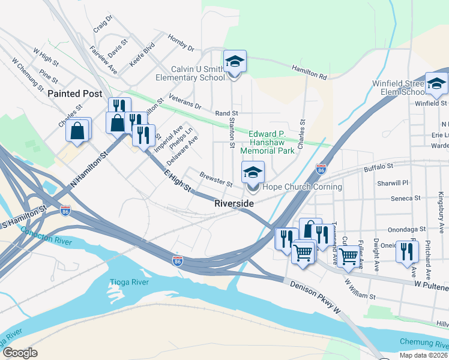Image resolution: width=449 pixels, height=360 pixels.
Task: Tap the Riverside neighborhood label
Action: point(234,204)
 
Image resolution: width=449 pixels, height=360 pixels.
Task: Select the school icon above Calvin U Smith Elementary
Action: point(235,62)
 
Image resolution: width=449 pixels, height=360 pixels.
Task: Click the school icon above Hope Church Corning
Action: point(253,173)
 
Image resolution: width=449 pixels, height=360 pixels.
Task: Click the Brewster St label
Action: point(216,179)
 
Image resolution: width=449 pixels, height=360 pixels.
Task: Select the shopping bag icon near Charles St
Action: point(78,130)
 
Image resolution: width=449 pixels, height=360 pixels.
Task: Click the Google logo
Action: point(19,353)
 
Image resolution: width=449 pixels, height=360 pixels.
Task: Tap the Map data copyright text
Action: point(424,355)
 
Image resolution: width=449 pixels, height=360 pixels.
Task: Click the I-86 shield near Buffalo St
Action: point(321,170)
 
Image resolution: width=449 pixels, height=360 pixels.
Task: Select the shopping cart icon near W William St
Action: point(348,256)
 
